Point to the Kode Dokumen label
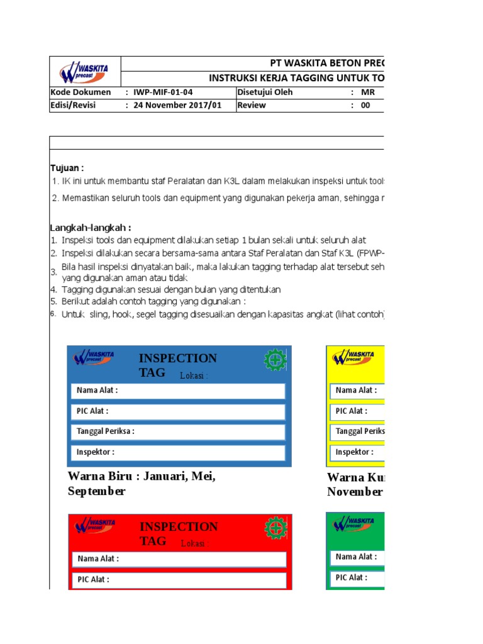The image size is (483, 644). tap(80, 92)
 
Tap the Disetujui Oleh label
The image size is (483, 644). tap(265, 92)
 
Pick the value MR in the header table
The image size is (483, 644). tap(367, 92)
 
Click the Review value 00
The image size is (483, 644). tap(365, 105)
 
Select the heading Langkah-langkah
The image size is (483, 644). tap(90, 228)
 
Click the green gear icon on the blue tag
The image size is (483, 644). tap(275, 360)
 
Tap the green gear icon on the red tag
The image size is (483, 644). tap(275, 527)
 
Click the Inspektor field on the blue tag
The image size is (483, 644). tap(179, 452)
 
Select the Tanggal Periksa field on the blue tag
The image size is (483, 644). tap(179, 432)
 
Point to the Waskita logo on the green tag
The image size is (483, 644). tap(353, 523)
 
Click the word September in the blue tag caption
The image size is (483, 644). tap(96, 492)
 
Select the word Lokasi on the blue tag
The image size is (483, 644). tap(193, 377)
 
